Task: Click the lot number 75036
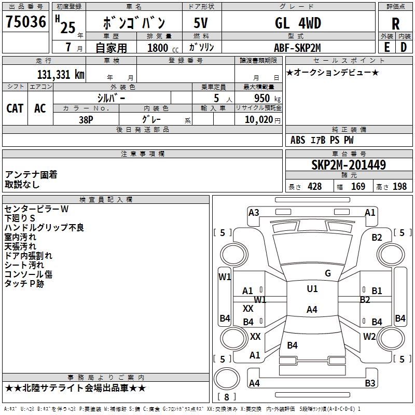pyautogui.click(x=25, y=22)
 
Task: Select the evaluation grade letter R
pyautogui.click(x=395, y=24)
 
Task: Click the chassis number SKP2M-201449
pyautogui.click(x=349, y=165)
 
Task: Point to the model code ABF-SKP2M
pyautogui.click(x=297, y=47)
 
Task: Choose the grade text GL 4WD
pyautogui.click(x=297, y=23)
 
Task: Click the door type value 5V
pyautogui.click(x=202, y=23)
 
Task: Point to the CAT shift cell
pyautogui.click(x=15, y=108)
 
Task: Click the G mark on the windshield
pyautogui.click(x=327, y=273)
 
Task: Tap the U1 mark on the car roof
pyautogui.click(x=312, y=289)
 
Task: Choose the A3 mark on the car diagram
pyautogui.click(x=254, y=212)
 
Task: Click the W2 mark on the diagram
pyautogui.click(x=369, y=336)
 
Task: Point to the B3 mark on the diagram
pyautogui.click(x=370, y=383)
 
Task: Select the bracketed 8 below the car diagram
pyautogui.click(x=226, y=397)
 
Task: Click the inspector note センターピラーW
pyautogui.click(x=36, y=209)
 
